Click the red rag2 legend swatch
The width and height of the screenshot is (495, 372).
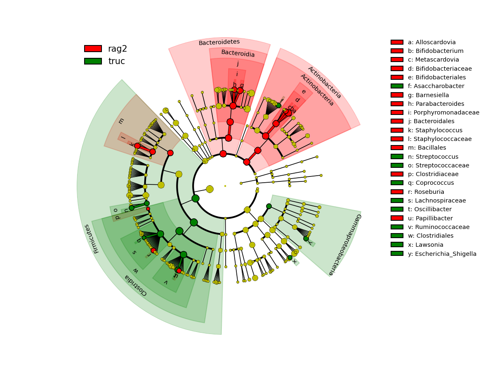[93, 49]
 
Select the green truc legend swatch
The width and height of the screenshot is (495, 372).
[93, 61]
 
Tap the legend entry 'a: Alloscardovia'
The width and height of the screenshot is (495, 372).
[431, 42]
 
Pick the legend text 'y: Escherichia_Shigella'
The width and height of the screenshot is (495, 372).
[442, 254]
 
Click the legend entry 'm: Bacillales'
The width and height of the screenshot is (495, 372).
[427, 148]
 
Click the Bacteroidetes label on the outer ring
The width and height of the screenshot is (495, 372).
[219, 42]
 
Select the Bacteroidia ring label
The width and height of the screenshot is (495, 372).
[238, 53]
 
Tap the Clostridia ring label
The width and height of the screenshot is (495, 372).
[136, 285]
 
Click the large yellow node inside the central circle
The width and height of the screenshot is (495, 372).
[210, 189]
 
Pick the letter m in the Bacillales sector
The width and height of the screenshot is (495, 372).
[121, 121]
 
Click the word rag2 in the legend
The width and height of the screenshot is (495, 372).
[118, 49]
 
